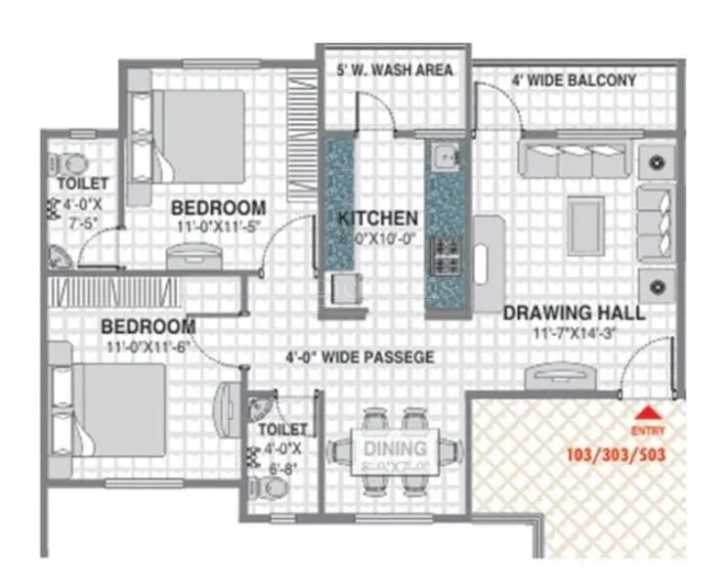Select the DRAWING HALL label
pos(574,314)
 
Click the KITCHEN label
pos(378,218)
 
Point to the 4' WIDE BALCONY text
pos(575,80)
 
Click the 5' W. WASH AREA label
pos(394,70)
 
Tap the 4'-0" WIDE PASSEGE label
pos(360,357)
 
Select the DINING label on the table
pos(396,449)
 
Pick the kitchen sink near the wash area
pos(446,155)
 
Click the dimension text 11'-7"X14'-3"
pos(574,333)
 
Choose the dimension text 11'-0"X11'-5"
pos(214,228)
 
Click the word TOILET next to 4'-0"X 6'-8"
pos(283,430)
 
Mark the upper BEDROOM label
pos(218,208)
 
